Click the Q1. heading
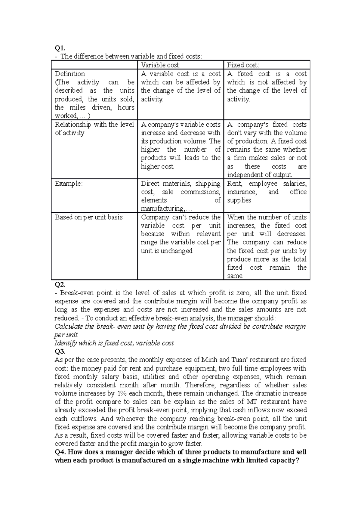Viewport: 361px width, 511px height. [60, 48]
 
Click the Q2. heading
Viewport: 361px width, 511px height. [60, 284]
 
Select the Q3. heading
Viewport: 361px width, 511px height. [60, 351]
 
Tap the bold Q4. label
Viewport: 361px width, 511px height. [60, 452]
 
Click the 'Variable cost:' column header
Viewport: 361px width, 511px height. [161, 65]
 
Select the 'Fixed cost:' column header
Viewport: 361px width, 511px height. [243, 65]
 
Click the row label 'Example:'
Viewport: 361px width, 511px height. [68, 184]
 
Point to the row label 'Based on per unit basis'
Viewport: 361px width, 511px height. [89, 217]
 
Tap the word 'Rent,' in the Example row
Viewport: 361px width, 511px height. [235, 184]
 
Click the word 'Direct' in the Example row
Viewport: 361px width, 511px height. [150, 184]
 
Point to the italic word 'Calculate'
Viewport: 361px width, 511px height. [69, 326]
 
